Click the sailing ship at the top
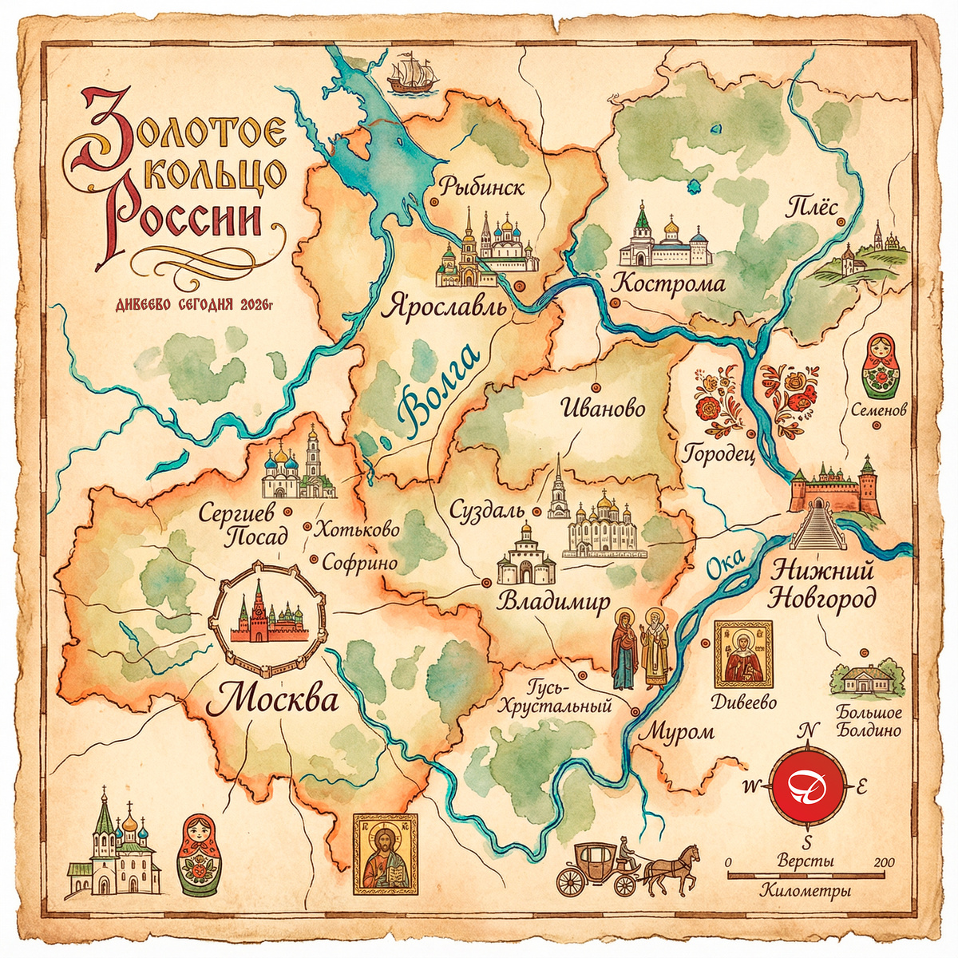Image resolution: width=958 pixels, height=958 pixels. [414, 73]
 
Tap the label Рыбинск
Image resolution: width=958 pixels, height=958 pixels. [481, 188]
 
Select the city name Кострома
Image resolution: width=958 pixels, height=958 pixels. [668, 284]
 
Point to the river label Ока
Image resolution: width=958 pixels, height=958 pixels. [725, 564]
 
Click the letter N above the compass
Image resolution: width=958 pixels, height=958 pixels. [809, 730]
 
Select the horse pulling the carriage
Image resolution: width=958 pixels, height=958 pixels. [672, 869]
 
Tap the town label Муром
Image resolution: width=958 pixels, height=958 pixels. [678, 731]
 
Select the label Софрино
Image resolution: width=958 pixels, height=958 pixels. [359, 563]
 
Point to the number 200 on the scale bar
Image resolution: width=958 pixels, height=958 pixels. [884, 862]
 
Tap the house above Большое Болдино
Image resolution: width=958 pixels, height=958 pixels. [866, 679]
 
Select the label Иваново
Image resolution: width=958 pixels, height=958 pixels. [603, 409]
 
